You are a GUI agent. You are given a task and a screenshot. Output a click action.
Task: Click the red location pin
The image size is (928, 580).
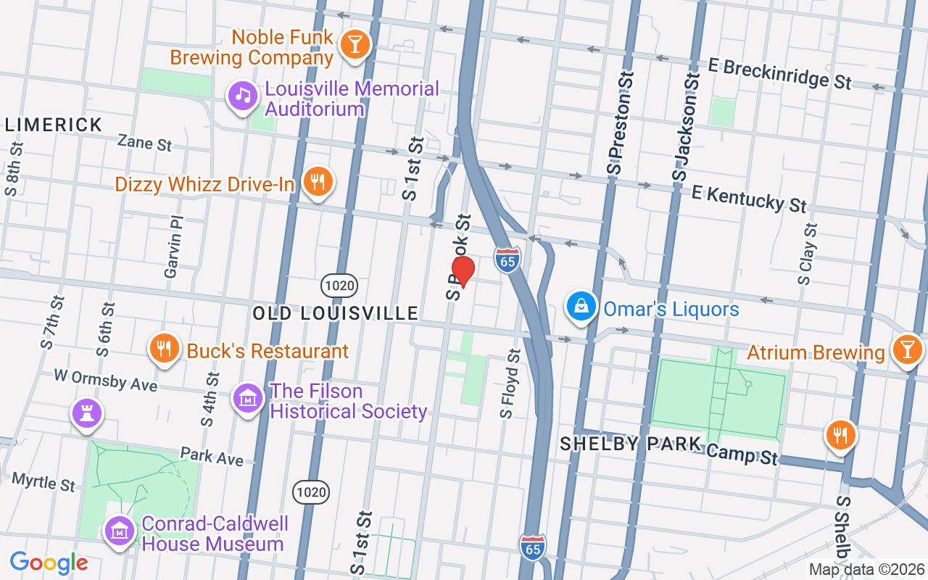pos(463,272)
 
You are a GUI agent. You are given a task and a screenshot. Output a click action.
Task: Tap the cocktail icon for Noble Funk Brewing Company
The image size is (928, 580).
pos(355,44)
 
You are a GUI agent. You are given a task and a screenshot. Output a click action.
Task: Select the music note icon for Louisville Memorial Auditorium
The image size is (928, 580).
pos(242,96)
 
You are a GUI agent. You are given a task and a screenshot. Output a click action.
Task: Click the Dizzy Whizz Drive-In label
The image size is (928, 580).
pos(204,184)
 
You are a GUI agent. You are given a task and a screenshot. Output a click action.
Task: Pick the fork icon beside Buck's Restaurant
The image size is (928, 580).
pos(165,349)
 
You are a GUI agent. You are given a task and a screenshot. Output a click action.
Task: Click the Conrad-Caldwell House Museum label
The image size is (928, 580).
pos(215,534)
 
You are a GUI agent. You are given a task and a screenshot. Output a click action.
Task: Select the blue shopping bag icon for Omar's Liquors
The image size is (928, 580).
pos(581,307)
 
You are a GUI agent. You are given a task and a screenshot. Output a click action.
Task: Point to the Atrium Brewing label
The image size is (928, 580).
pos(816,352)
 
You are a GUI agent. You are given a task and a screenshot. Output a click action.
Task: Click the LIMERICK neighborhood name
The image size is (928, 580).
pos(54,125)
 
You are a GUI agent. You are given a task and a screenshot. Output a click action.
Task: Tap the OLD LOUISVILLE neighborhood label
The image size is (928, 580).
pos(336,313)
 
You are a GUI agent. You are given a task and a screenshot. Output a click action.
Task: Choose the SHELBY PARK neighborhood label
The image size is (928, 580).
pos(630,444)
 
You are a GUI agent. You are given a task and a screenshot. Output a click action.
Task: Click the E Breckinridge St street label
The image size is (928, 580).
pos(779,74)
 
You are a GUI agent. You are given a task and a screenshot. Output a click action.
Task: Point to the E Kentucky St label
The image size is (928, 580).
pos(748,198)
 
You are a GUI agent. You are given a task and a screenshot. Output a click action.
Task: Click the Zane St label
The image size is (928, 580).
pos(145,142)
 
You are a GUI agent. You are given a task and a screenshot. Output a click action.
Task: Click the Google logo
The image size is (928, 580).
pos(49,563)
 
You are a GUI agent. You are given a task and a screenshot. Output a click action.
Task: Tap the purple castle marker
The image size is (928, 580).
pos(87,414)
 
